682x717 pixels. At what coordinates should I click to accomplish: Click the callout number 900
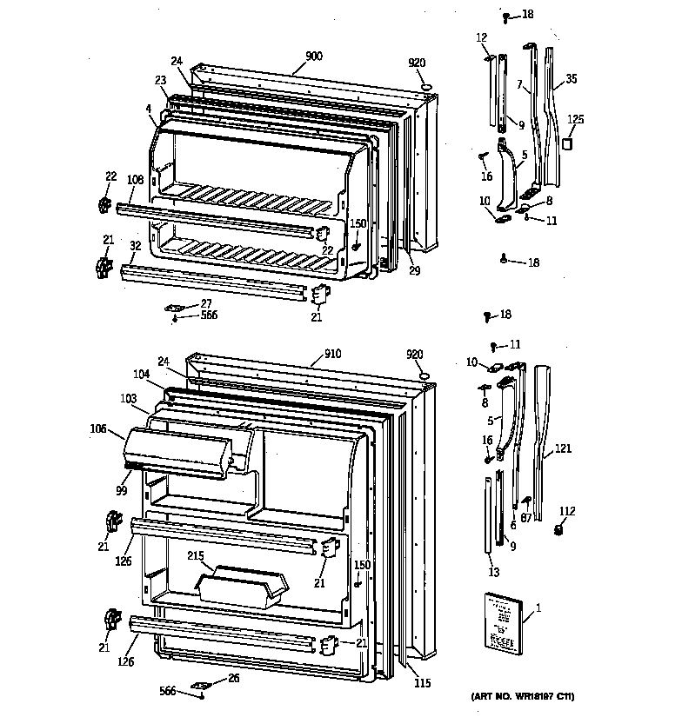tap(314, 56)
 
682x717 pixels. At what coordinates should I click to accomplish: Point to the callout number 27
tap(206, 303)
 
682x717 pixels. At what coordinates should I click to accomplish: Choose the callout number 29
tap(414, 271)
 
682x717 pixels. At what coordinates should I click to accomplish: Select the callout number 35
tap(571, 79)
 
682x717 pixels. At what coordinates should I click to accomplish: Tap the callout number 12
tap(481, 37)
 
